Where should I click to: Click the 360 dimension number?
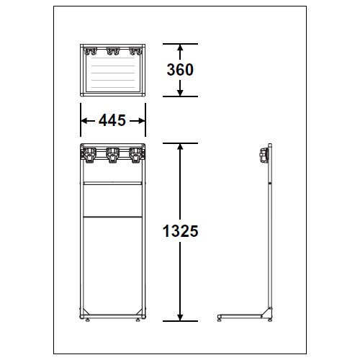point(180,70)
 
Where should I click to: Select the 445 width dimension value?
point(112,120)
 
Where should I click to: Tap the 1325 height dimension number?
point(180,231)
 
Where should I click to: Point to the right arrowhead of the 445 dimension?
point(141,121)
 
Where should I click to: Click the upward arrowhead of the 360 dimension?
point(180,48)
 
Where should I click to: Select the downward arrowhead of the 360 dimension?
point(180,93)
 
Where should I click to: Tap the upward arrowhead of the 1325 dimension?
point(180,147)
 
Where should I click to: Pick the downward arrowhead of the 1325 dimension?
point(180,317)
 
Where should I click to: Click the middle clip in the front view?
point(112,155)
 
